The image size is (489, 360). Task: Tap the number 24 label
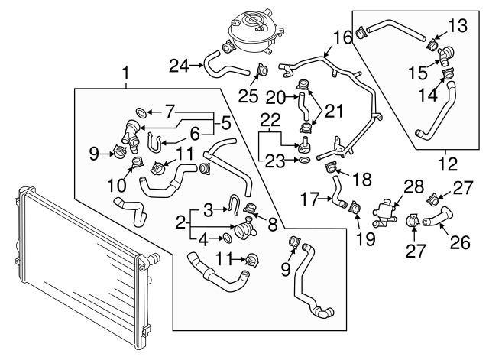pos(179,65)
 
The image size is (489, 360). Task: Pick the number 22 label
pos(270,119)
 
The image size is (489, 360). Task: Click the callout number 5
pos(226,122)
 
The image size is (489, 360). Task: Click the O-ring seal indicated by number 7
pos(141,112)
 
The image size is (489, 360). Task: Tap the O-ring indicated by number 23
pos(305,160)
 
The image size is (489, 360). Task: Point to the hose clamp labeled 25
pos(262,70)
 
